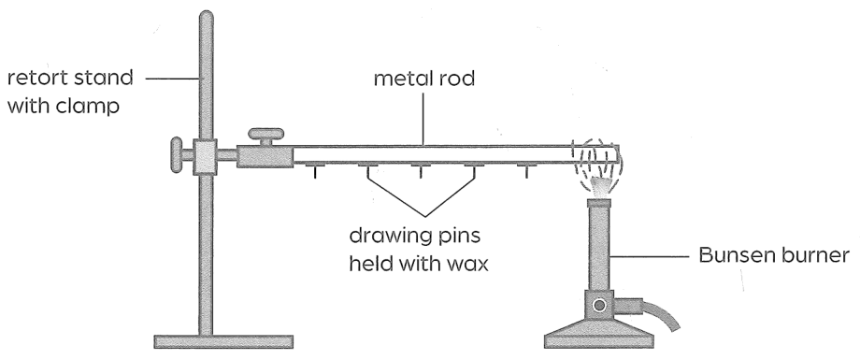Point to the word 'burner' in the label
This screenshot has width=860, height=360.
814,255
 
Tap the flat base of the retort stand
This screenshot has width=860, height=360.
223,341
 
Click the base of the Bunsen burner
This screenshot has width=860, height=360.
599,334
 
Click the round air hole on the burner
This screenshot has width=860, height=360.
599,305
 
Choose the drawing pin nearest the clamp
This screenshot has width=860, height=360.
314,170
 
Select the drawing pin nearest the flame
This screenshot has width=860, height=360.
526,170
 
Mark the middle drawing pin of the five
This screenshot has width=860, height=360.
420,170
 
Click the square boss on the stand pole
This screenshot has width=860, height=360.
205,156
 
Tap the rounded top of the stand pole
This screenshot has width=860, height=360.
206,17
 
